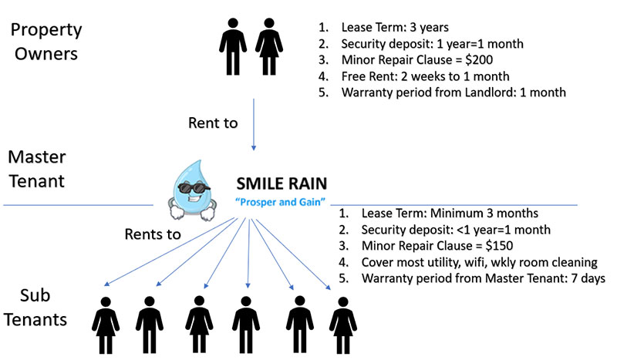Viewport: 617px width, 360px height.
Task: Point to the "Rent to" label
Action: (212, 123)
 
